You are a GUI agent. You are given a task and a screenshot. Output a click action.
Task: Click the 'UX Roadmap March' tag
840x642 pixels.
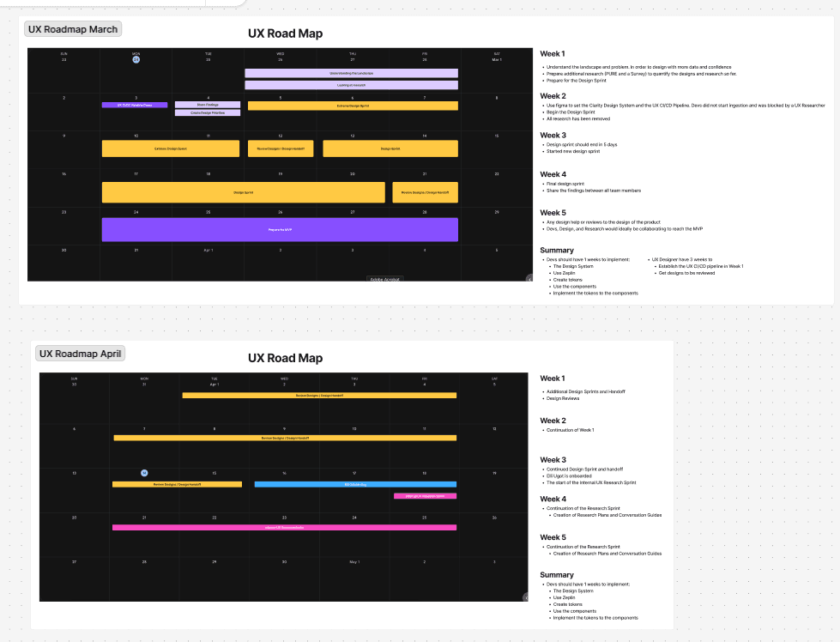pyautogui.click(x=73, y=29)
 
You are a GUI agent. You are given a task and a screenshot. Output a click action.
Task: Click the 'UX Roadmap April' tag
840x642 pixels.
pyautogui.click(x=82, y=354)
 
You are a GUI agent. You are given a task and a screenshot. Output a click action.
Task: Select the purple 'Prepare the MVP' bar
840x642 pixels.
pyautogui.click(x=280, y=230)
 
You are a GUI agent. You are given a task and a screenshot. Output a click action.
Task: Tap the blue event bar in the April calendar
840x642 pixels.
pyautogui.click(x=355, y=484)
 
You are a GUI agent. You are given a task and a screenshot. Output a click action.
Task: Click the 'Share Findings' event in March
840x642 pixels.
pyautogui.click(x=208, y=105)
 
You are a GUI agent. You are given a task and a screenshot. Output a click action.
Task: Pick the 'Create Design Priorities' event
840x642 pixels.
pyautogui.click(x=208, y=112)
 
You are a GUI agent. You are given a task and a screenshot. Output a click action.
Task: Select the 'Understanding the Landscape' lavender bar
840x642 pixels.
pyautogui.click(x=351, y=73)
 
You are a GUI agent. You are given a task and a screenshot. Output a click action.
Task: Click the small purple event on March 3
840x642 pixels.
pyautogui.click(x=135, y=105)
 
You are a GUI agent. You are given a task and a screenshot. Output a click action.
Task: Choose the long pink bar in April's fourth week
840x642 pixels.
pyautogui.click(x=284, y=527)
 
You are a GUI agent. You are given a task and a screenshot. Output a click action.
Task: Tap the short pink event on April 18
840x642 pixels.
pyautogui.click(x=425, y=495)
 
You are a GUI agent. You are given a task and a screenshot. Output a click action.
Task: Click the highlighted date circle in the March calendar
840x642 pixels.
pyautogui.click(x=136, y=58)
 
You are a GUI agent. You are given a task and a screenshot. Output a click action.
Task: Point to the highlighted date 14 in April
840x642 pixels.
pyautogui.click(x=144, y=473)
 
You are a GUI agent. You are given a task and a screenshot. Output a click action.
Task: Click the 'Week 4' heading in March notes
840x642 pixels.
pyautogui.click(x=553, y=174)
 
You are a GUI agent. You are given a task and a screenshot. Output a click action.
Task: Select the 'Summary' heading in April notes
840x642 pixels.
pyautogui.click(x=557, y=575)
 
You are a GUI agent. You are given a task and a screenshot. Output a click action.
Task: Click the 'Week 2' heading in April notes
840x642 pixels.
pyautogui.click(x=553, y=421)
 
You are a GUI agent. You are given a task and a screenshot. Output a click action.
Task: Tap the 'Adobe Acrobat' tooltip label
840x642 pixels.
pyautogui.click(x=385, y=279)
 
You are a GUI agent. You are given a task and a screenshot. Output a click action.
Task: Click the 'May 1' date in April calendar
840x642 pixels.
pyautogui.click(x=354, y=562)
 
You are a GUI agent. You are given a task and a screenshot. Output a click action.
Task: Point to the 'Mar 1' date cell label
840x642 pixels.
pyautogui.click(x=497, y=59)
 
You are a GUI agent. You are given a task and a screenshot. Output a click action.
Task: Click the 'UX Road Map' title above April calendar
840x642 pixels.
pyautogui.click(x=285, y=358)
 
